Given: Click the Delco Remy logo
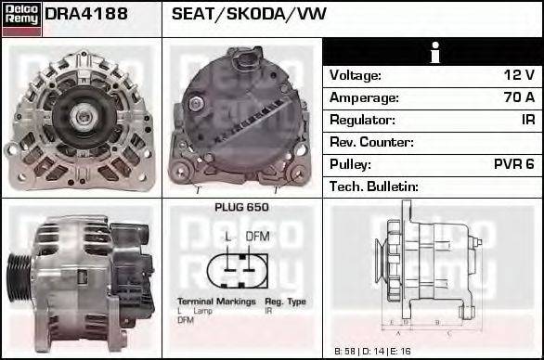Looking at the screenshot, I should [21, 18].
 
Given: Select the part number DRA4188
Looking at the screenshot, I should [86, 16].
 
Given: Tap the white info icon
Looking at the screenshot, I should [434, 53].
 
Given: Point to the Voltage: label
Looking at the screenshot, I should [356, 75].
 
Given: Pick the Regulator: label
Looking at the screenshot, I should [363, 120].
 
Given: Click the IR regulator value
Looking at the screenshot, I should [527, 120].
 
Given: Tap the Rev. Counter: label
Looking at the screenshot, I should [372, 142].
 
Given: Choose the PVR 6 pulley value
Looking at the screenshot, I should [513, 164].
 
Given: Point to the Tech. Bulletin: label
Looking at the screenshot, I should [374, 186].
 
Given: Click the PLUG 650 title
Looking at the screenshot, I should [241, 208].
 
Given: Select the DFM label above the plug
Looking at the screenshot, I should [257, 237].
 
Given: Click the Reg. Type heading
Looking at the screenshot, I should [285, 302].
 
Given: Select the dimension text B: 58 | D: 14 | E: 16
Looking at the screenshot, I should [371, 352].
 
